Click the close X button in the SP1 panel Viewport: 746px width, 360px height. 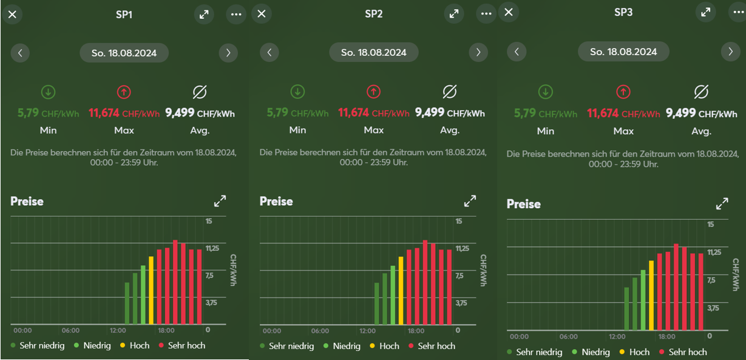(12, 14)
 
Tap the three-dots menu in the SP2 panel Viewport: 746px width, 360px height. (486, 14)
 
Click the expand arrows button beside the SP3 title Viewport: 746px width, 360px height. (705, 12)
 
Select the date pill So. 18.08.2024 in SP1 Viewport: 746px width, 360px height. (124, 53)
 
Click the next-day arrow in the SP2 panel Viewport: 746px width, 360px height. (478, 52)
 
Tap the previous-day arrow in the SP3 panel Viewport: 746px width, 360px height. (517, 52)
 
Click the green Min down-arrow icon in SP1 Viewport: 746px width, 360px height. (48, 92)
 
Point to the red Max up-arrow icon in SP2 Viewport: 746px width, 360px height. (373, 92)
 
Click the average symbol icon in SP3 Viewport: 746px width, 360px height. (701, 92)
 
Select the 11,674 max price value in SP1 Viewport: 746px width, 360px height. (105, 113)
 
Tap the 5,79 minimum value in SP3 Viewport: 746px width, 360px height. (525, 113)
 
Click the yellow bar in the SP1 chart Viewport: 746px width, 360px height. (151, 290)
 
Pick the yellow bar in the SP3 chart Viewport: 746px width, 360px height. (651, 295)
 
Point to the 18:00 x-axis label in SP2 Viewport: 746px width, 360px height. (416, 331)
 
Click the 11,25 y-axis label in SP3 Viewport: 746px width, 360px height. (715, 252)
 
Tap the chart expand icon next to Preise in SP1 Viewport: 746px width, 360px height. (220, 201)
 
